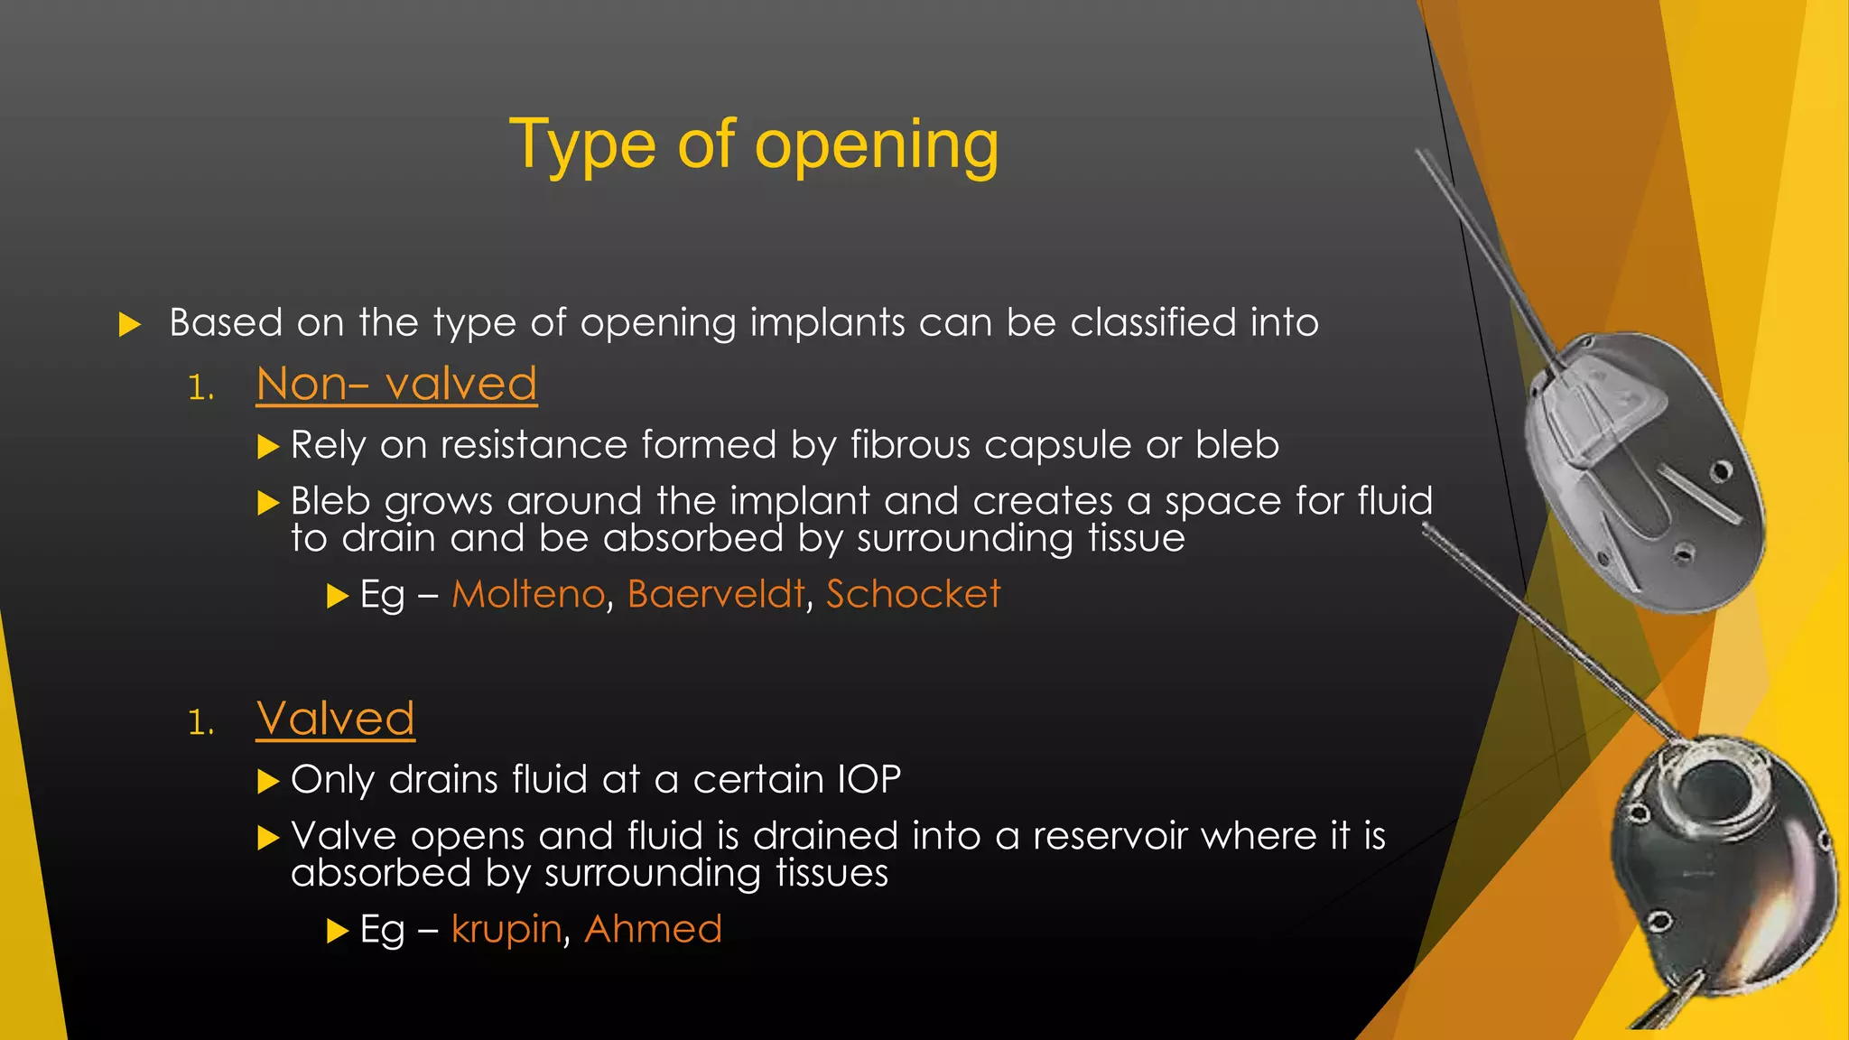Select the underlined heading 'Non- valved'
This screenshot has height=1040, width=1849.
tap(396, 385)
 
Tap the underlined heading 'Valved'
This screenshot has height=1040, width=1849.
tap(335, 720)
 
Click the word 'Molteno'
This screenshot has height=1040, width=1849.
tap(528, 594)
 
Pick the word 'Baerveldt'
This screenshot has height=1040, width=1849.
tap(715, 594)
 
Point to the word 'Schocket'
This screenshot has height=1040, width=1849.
tap(913, 594)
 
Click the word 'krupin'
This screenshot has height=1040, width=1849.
tap(506, 930)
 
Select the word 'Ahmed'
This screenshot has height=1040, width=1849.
tap(653, 929)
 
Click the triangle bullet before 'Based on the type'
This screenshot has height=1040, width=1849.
tap(130, 324)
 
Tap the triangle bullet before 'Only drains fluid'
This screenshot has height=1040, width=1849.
tap(268, 781)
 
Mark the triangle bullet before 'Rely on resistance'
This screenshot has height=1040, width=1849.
tap(268, 446)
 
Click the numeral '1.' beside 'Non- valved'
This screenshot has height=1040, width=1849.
tap(201, 389)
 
